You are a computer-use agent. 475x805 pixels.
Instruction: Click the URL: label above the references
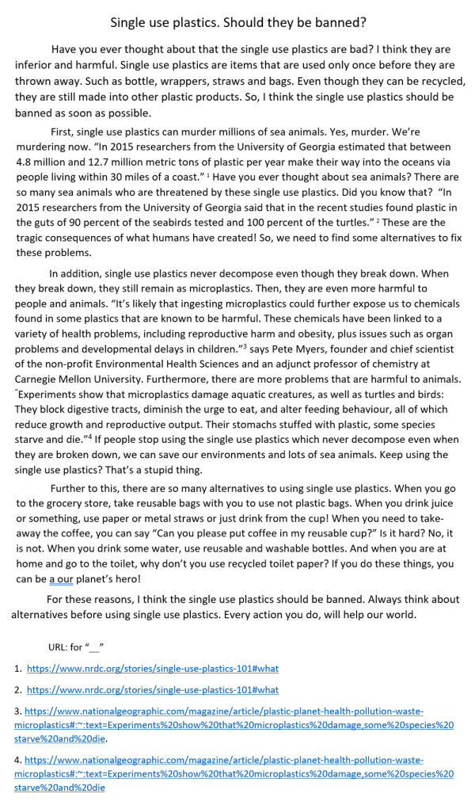tap(59, 646)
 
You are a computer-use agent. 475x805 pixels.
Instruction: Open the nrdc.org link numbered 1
tap(153, 668)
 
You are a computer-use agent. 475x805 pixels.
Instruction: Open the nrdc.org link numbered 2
tap(153, 690)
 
